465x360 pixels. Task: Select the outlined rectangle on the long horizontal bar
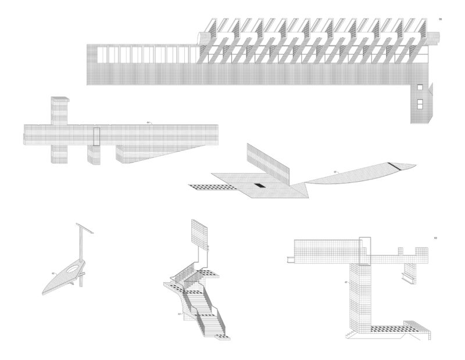pos(97,136)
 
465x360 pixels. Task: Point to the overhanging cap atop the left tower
pos(60,101)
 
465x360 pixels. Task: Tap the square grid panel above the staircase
pos(200,233)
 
